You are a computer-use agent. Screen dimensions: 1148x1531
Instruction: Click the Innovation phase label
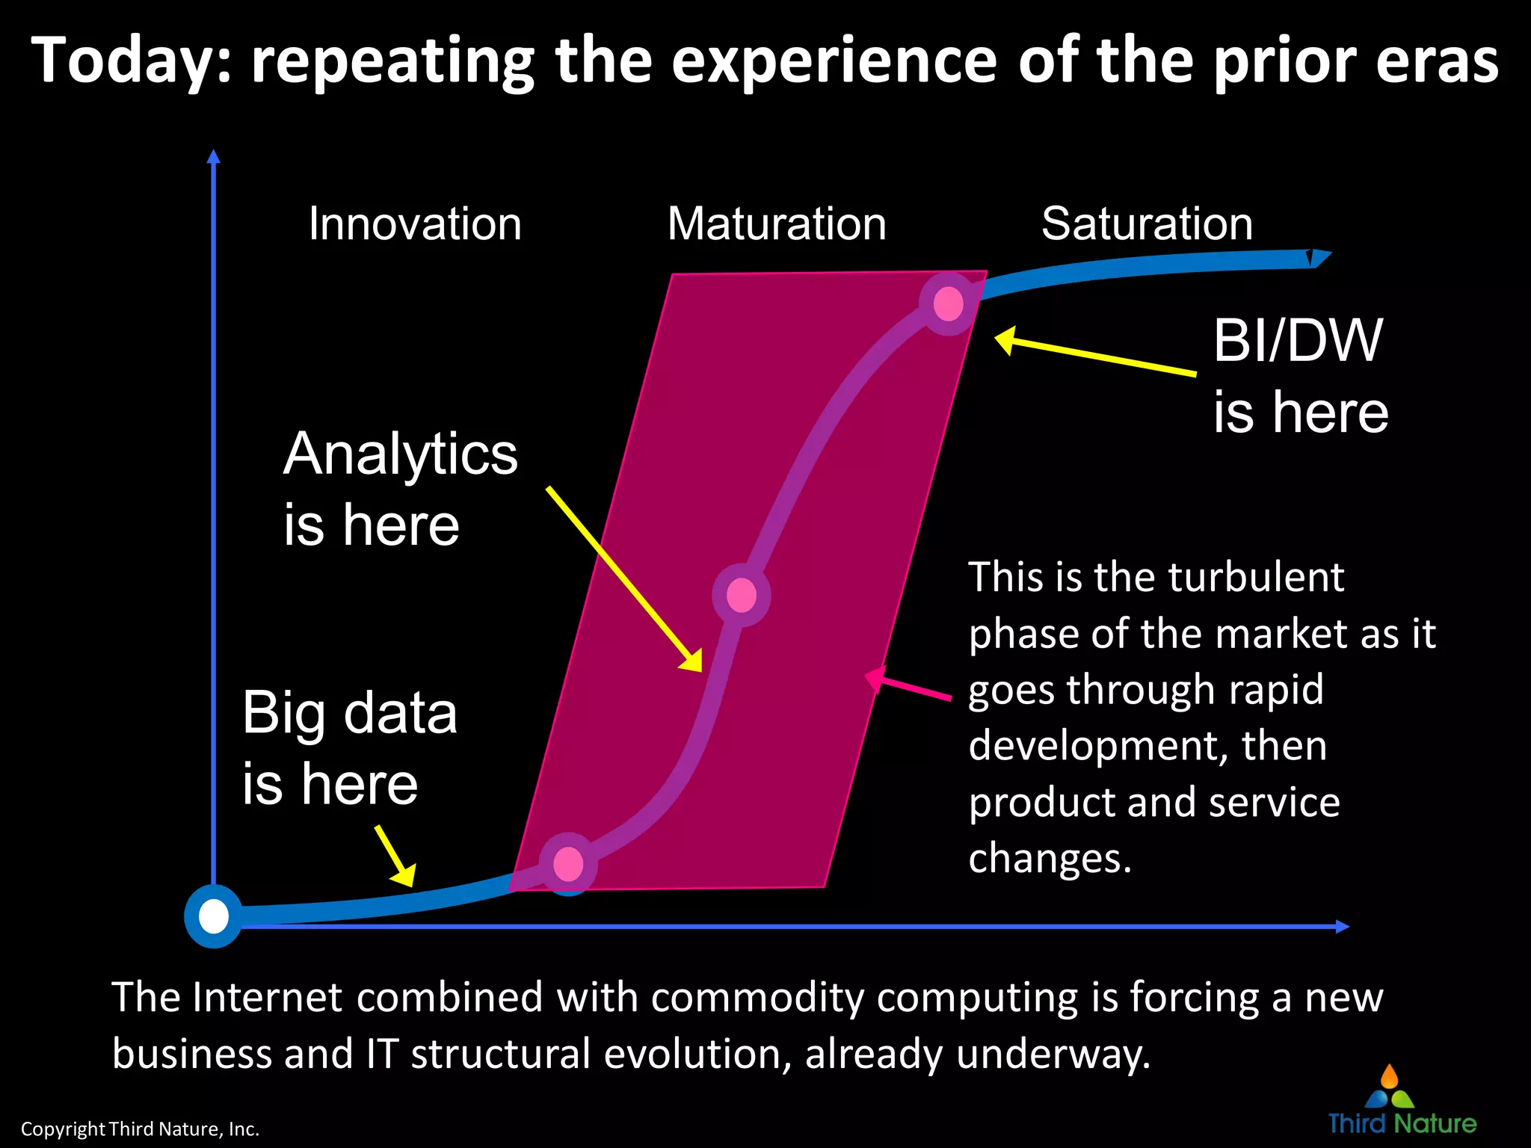(415, 223)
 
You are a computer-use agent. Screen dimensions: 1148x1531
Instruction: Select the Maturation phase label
(777, 223)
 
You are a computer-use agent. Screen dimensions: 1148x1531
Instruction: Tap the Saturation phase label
(1147, 223)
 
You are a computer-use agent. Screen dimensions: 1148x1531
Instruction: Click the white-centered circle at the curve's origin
(214, 916)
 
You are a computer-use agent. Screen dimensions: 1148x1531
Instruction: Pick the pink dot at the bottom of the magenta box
(568, 863)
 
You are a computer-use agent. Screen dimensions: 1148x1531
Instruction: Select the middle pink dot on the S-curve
(741, 596)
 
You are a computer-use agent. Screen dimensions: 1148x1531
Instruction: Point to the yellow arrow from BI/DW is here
(1095, 356)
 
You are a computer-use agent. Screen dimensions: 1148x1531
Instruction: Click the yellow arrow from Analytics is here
(624, 579)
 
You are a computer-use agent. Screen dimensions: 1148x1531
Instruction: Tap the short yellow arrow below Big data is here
(395, 857)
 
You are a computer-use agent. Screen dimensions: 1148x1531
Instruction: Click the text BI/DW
(1298, 341)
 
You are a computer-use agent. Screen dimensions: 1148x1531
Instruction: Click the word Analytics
(401, 454)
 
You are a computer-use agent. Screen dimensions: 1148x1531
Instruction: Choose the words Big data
(349, 713)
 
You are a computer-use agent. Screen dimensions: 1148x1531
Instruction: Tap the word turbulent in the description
(1256, 578)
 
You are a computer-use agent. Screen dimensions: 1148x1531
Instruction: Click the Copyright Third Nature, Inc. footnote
(140, 1129)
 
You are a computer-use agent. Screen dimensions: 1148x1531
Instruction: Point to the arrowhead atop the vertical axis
(214, 157)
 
